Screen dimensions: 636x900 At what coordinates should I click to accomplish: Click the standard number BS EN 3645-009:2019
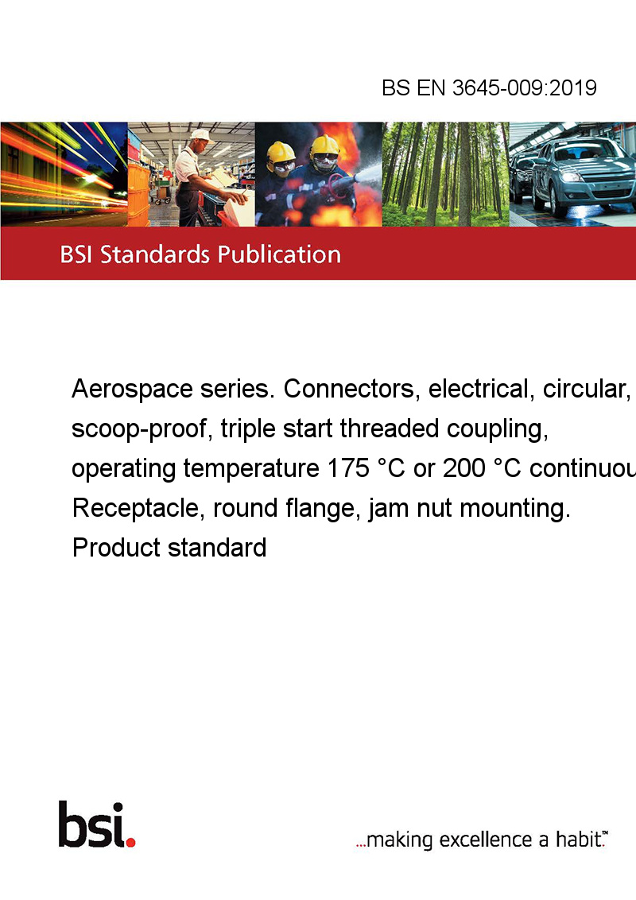(489, 87)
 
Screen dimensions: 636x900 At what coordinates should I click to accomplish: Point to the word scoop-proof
(138, 429)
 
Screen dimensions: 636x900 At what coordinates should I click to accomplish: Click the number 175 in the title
(348, 468)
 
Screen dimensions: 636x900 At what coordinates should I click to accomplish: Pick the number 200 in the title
(463, 468)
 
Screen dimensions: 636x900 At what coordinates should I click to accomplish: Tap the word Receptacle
(135, 509)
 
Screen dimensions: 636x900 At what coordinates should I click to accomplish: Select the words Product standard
(169, 548)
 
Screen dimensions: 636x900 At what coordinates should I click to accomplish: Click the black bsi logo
(91, 824)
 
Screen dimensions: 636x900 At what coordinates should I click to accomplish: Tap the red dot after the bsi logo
(130, 842)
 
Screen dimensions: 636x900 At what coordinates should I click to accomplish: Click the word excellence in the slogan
(486, 840)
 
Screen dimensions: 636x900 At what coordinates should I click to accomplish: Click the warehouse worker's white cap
(201, 135)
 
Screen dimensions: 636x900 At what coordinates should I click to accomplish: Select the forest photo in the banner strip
(445, 174)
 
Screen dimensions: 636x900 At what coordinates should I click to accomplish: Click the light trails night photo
(64, 174)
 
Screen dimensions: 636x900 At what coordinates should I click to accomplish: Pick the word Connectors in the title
(348, 390)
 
